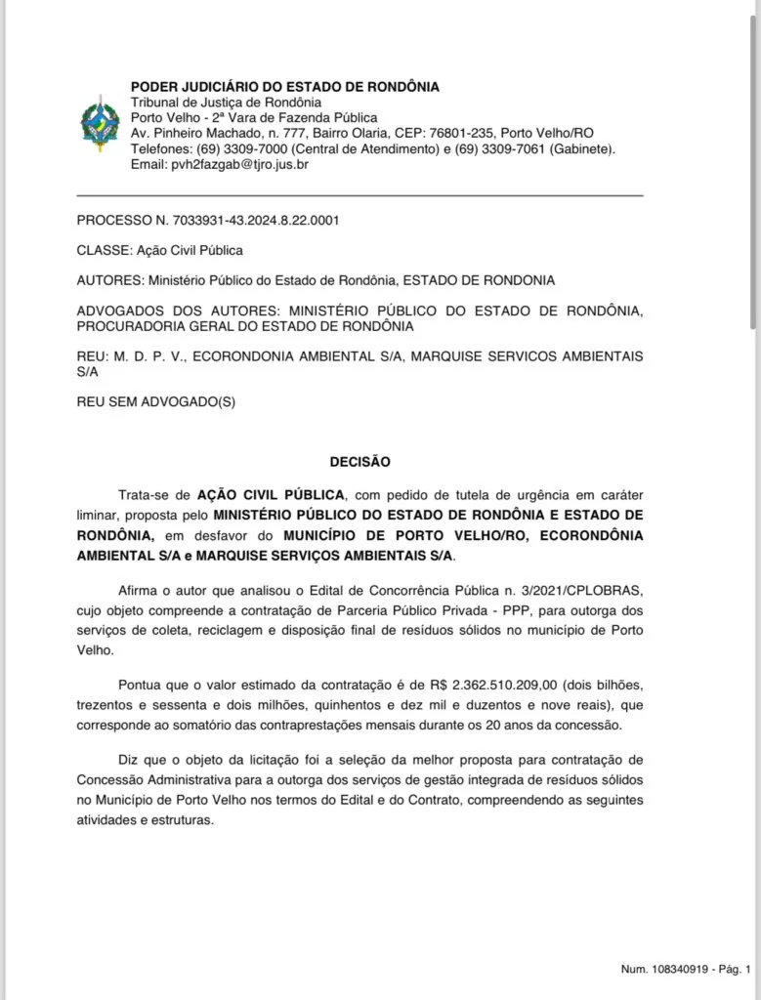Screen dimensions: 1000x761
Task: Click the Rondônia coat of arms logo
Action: pyautogui.click(x=99, y=125)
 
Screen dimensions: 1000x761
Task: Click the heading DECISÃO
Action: pyautogui.click(x=359, y=461)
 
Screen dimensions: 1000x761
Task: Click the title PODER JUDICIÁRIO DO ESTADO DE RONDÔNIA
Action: pyautogui.click(x=285, y=87)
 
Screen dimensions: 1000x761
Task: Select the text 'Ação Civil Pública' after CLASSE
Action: pyautogui.click(x=190, y=251)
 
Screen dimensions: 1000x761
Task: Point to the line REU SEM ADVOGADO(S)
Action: pyautogui.click(x=156, y=401)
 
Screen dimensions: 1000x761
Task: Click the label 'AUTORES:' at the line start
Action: pyautogui.click(x=109, y=281)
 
